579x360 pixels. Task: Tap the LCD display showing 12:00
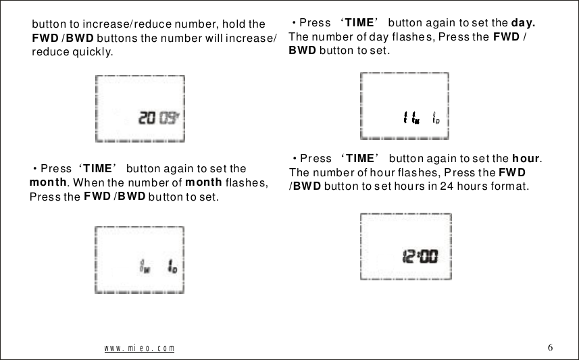click(x=405, y=247)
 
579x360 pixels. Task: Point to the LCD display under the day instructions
click(x=405, y=105)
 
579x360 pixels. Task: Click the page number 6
click(x=551, y=347)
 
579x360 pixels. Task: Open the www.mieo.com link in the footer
click(x=139, y=349)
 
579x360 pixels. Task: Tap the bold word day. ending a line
click(x=524, y=22)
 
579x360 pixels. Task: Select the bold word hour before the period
click(x=526, y=159)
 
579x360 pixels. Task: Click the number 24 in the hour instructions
click(x=427, y=185)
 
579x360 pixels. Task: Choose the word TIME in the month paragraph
click(x=97, y=168)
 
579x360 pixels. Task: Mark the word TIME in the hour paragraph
click(x=359, y=159)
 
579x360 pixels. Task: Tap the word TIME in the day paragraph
click(x=359, y=22)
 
